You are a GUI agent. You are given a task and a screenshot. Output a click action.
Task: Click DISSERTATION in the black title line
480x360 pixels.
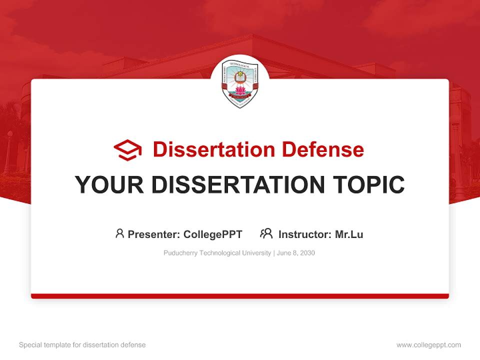238,185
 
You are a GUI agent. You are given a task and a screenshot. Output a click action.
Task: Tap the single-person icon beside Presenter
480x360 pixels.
119,233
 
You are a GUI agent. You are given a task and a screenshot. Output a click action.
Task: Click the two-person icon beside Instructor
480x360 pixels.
266,233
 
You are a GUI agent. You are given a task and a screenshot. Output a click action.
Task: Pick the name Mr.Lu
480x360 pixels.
349,234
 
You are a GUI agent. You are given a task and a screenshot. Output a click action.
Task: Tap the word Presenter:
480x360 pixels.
154,234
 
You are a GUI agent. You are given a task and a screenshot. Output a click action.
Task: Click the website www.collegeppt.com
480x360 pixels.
428,345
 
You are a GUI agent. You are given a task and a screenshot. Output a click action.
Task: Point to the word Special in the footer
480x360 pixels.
29,345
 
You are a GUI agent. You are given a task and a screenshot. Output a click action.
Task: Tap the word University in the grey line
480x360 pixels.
256,253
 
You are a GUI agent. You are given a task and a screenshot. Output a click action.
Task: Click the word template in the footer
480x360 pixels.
57,345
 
